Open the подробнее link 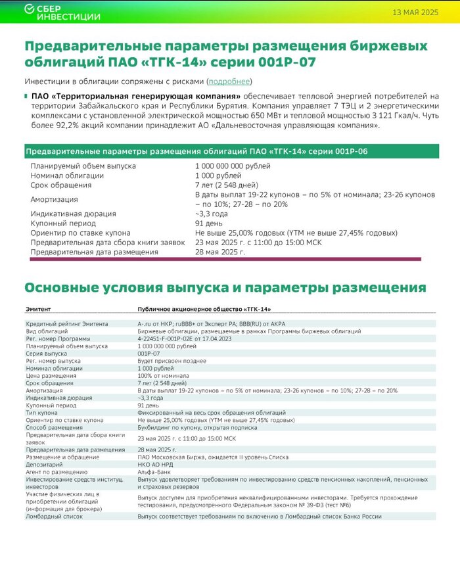pyautogui.click(x=229, y=81)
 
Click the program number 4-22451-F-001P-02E pyautogui.click(x=176, y=338)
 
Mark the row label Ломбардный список pyautogui.click(x=55, y=516)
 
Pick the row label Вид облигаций pyautogui.click(x=49, y=331)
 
